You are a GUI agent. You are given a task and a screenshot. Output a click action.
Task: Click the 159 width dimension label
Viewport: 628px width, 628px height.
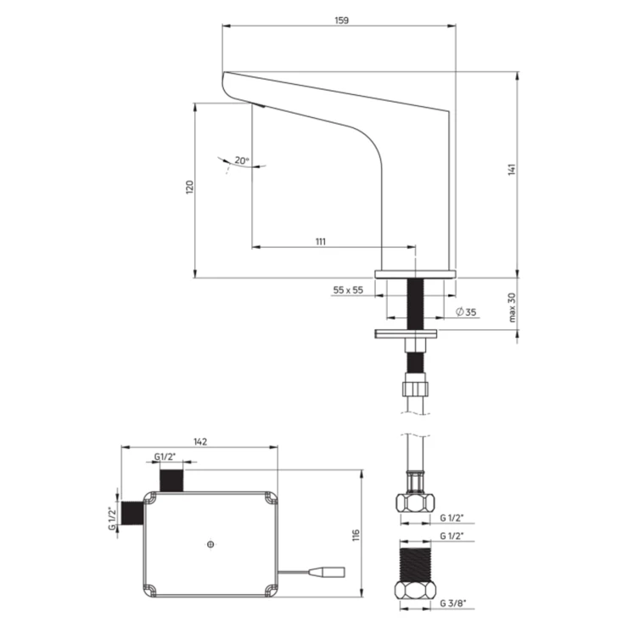[x=342, y=20]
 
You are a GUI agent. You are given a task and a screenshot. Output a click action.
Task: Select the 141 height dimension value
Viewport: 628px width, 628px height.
[x=512, y=170]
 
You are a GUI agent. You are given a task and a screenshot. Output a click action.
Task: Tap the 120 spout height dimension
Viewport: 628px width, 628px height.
[x=189, y=187]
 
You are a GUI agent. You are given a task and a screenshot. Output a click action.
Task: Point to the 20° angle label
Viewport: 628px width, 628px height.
[x=242, y=160]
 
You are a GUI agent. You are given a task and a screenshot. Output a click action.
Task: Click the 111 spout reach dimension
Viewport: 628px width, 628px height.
[x=321, y=242]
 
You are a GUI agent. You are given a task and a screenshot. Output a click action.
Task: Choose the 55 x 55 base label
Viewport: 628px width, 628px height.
[x=348, y=290]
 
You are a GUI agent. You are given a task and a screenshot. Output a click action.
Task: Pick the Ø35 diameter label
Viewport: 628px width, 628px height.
[x=466, y=311]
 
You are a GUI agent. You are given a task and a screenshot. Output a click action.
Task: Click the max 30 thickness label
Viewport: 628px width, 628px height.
[x=512, y=307]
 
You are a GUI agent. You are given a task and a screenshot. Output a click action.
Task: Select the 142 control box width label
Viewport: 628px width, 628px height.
[x=200, y=441]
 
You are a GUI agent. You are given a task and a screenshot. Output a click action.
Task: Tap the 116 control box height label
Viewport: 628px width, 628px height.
[x=356, y=535]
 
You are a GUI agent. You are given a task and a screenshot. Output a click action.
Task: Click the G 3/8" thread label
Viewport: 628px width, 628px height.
[x=453, y=603]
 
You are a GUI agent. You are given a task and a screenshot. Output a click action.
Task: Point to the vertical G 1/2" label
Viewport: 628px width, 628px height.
[x=112, y=519]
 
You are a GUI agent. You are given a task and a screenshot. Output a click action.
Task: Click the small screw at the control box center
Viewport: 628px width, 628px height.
[x=211, y=544]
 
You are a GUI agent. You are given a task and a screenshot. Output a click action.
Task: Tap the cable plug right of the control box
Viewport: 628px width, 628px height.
[x=332, y=571]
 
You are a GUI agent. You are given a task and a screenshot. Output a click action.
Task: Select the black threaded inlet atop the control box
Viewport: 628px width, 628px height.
[x=171, y=480]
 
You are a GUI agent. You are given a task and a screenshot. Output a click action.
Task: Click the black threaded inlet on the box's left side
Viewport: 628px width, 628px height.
[x=132, y=513]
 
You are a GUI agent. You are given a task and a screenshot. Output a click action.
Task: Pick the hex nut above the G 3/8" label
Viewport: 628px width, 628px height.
[x=415, y=590]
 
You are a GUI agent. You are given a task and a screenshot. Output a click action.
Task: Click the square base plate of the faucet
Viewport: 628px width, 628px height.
[x=415, y=274]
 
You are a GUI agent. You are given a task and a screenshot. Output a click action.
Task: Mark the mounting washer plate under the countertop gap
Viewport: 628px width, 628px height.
[x=406, y=334]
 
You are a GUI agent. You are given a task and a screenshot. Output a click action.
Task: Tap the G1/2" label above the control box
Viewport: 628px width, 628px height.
[x=165, y=457]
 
